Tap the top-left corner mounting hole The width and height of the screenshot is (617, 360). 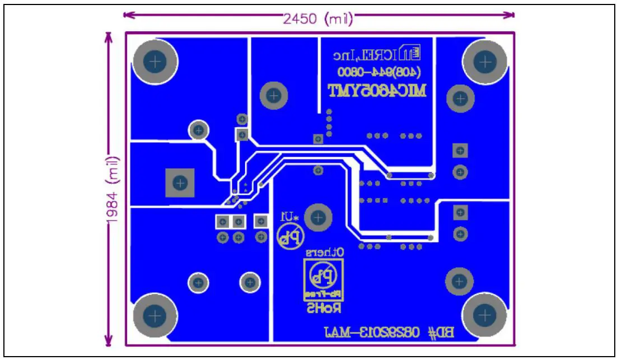(x=156, y=61)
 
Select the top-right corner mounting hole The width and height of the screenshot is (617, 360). (x=485, y=61)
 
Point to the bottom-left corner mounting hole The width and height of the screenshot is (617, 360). (x=156, y=315)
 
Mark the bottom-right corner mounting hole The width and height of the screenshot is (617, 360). (x=485, y=315)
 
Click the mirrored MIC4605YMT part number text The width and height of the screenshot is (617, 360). (x=377, y=91)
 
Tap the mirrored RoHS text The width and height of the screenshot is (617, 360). (x=324, y=307)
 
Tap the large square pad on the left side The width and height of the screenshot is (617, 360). (x=180, y=183)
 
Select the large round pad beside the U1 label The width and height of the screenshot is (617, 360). (x=319, y=217)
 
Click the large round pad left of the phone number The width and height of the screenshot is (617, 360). (x=274, y=96)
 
